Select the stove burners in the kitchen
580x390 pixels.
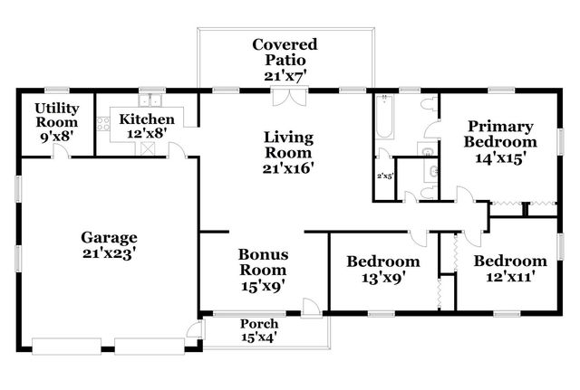(x=103, y=127)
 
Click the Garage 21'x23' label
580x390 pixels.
(x=108, y=244)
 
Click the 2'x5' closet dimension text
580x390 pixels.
(x=385, y=176)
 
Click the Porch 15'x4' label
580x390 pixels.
(x=258, y=330)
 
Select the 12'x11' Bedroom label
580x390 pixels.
(x=510, y=270)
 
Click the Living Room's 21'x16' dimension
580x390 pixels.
(x=288, y=168)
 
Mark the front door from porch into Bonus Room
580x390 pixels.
(x=312, y=307)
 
